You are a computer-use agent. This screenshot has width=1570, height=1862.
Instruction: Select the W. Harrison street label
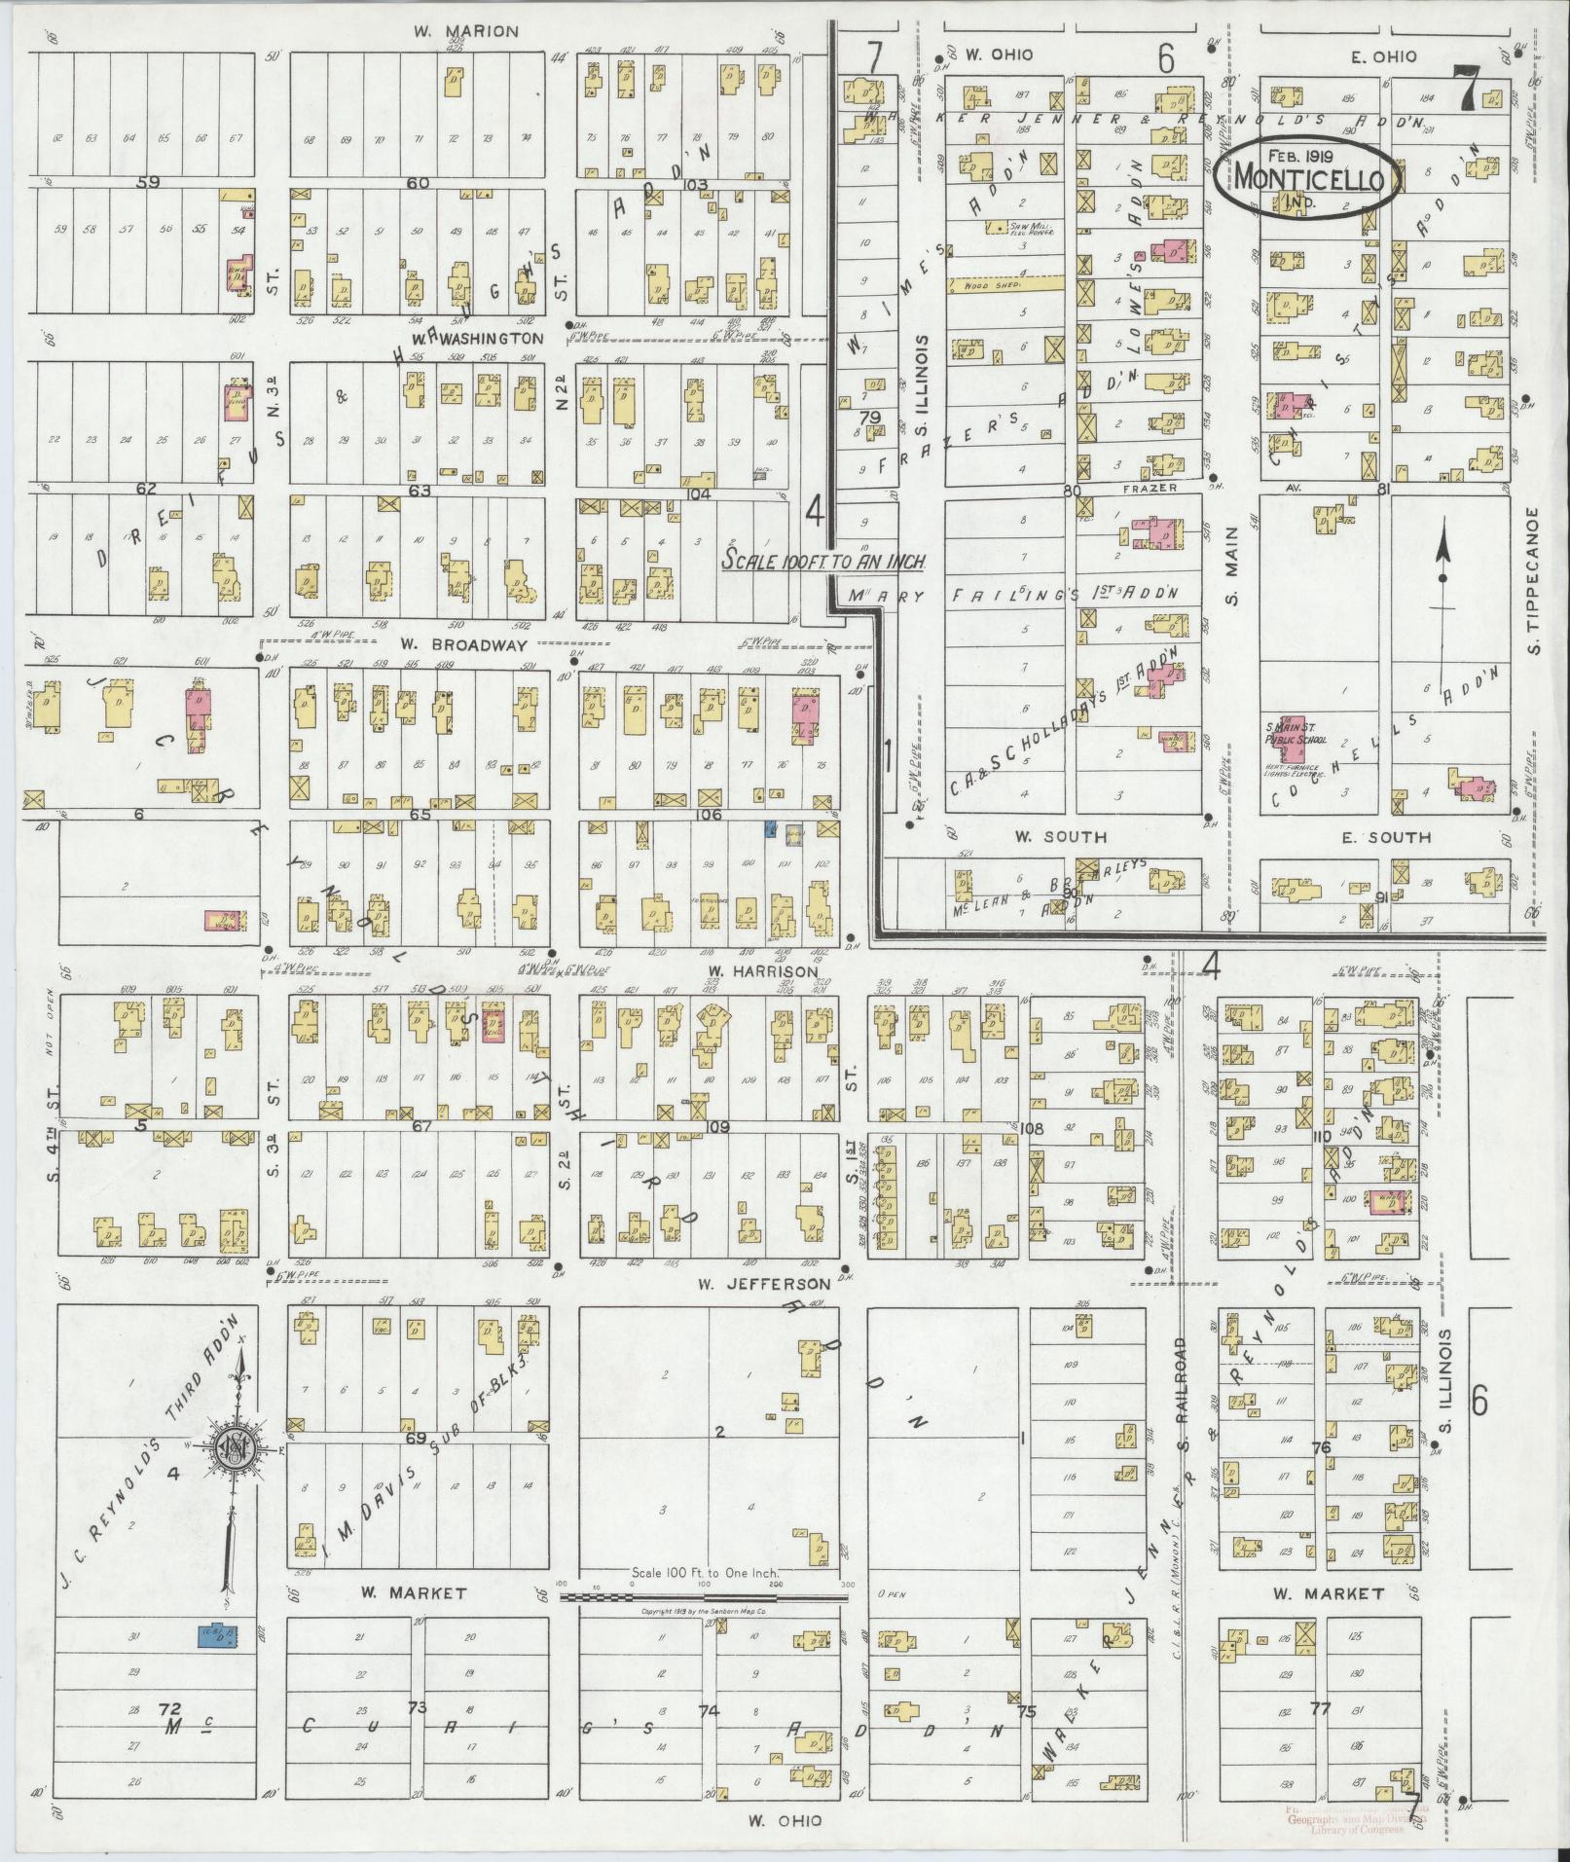[749, 970]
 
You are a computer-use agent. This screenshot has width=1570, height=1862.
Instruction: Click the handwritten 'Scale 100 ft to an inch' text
[822, 562]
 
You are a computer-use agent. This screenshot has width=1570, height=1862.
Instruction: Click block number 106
[709, 814]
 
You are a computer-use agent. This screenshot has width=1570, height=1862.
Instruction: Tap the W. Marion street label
[466, 32]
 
